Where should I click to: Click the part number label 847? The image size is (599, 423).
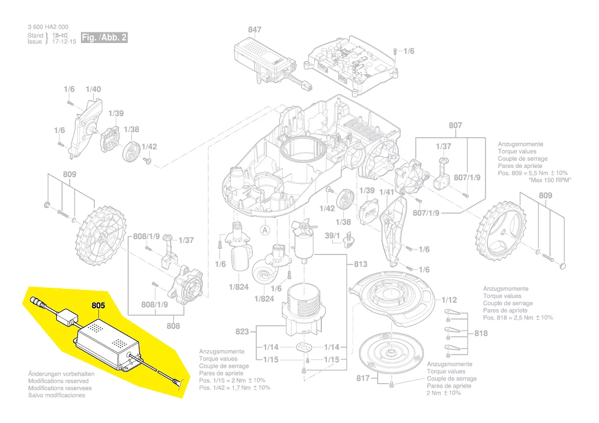[255, 30]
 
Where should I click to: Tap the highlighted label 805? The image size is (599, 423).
[98, 305]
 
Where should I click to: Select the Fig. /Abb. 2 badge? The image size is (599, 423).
[104, 38]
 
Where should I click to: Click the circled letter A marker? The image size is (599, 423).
[265, 230]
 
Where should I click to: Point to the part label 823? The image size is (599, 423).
[242, 332]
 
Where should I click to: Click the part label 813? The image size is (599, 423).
[361, 264]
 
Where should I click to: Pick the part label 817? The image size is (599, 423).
[363, 378]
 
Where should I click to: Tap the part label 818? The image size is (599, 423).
[481, 333]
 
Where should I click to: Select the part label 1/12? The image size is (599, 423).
[449, 300]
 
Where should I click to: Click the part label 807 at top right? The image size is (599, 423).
[455, 125]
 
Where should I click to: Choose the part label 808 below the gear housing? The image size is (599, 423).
[173, 326]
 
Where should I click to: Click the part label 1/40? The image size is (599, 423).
[93, 89]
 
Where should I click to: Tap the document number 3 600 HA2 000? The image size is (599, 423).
[48, 27]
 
